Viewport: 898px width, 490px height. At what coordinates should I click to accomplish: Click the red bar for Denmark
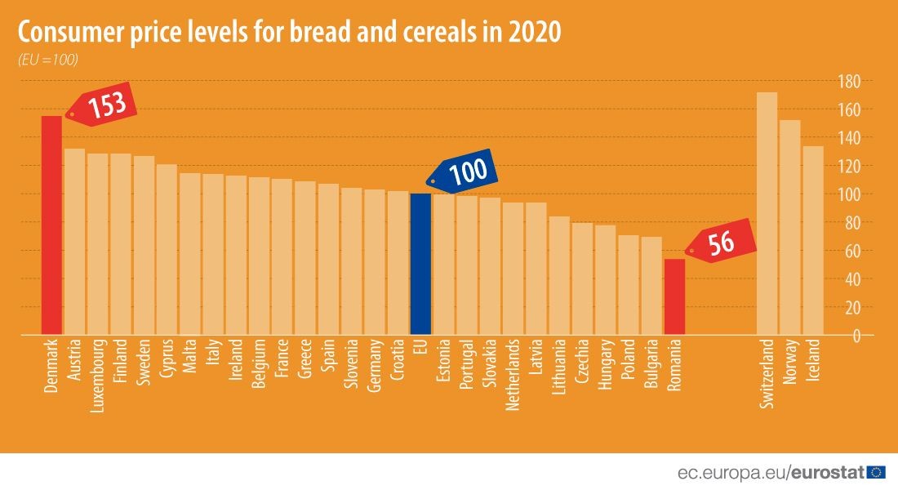coord(51,225)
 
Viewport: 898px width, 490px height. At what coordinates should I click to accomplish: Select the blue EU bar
coord(420,264)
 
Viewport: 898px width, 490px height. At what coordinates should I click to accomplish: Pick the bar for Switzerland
coord(767,214)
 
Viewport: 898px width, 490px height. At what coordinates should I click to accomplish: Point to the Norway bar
coord(790,228)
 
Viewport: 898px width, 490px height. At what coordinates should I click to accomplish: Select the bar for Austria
coord(74,242)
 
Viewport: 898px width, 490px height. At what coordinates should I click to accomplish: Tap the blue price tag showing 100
coord(464,171)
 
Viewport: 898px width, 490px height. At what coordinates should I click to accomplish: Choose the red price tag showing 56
coord(719,243)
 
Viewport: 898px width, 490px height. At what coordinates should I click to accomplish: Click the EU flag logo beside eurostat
coord(878,472)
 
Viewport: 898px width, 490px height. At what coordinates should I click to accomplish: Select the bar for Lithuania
coord(559,276)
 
